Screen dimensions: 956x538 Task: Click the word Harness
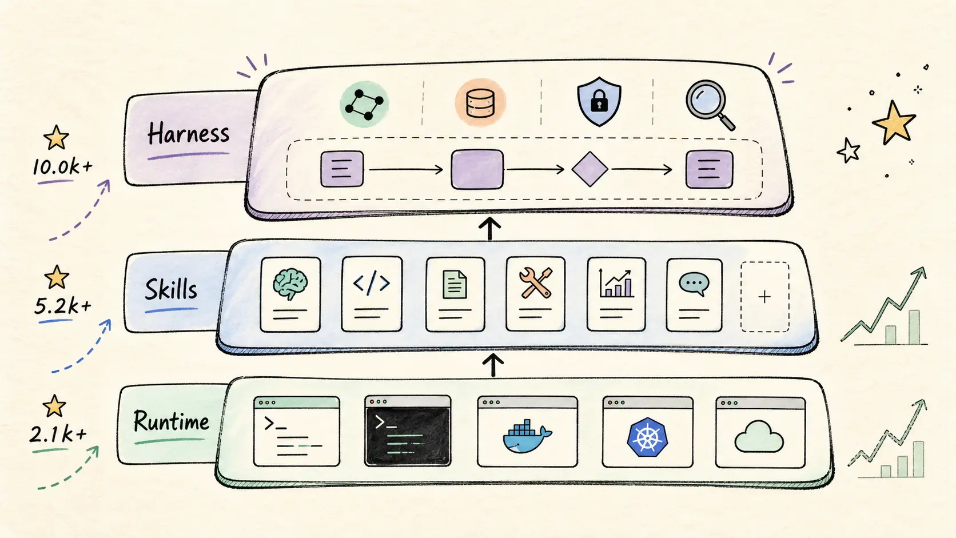[188, 133]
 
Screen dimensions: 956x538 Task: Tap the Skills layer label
[171, 289]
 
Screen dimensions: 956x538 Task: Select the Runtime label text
[171, 421]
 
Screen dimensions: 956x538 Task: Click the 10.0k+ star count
[62, 167]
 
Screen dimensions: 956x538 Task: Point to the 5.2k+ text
[63, 306]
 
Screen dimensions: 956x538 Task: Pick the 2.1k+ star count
[58, 435]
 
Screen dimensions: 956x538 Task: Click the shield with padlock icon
[599, 102]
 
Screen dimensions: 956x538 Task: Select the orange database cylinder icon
[480, 103]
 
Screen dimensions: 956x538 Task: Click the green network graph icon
[364, 104]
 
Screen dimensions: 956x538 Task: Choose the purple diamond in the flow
[590, 169]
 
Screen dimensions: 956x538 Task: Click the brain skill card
[290, 294]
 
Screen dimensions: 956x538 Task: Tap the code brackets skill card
[372, 294]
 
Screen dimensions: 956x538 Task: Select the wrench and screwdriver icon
[536, 282]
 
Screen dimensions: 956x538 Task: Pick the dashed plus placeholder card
[765, 297]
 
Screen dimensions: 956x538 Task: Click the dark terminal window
[408, 431]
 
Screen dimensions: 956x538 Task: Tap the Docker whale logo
[527, 437]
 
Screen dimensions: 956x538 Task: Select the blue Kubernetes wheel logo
[647, 437]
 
